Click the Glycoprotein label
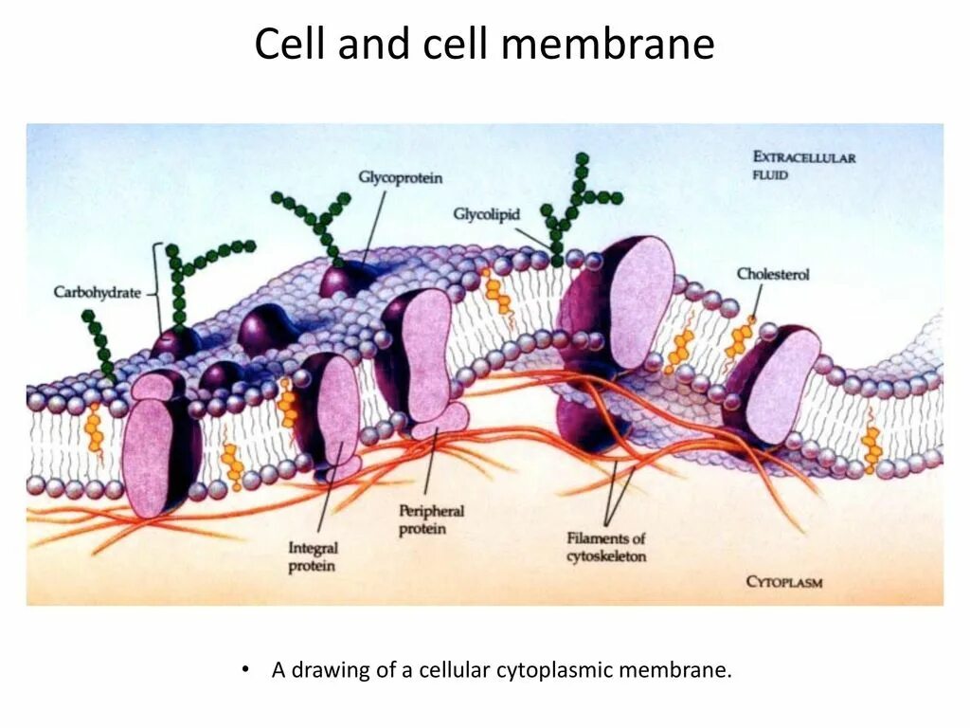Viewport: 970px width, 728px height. coord(401,177)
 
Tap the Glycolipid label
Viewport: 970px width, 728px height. coord(486,215)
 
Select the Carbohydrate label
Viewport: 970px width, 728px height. coord(98,293)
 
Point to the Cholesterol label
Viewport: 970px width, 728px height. coord(773,274)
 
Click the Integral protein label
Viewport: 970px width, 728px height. coord(312,556)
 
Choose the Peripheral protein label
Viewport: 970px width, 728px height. coord(431,519)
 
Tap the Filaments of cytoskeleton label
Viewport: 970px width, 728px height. coord(606,547)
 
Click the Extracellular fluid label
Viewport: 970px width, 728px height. coord(803,166)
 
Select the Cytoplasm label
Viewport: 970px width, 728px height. coord(784,581)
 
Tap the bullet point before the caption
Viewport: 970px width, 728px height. coord(246,669)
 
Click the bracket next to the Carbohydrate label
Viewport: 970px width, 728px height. coord(154,289)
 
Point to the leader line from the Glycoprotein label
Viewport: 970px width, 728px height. coord(370,224)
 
